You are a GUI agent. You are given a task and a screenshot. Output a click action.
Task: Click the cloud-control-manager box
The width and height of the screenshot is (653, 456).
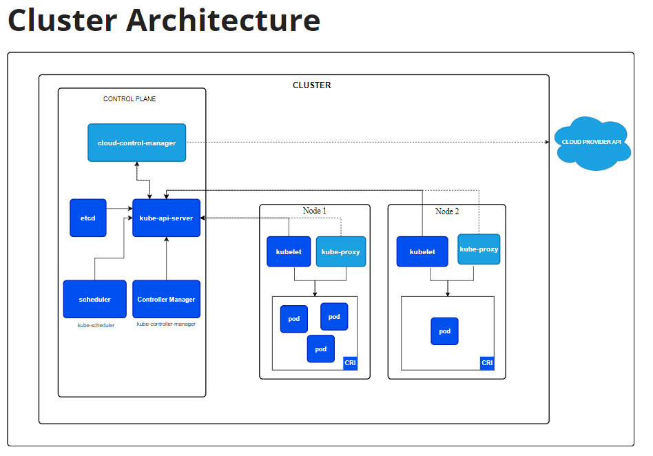136,143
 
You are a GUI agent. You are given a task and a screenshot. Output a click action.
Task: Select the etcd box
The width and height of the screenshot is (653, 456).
88,218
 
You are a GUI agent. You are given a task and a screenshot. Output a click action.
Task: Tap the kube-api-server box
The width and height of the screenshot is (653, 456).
166,218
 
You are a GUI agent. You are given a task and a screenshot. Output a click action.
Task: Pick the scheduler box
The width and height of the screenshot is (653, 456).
94,299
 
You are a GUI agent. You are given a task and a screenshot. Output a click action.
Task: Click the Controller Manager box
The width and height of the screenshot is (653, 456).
166,299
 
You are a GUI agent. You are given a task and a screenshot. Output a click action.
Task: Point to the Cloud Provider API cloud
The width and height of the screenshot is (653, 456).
592,143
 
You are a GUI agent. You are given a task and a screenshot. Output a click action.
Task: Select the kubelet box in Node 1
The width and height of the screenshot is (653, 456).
289,251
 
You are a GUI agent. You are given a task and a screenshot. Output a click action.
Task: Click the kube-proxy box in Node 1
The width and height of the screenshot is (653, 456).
341,251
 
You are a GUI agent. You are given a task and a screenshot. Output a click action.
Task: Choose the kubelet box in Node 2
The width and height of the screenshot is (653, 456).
422,251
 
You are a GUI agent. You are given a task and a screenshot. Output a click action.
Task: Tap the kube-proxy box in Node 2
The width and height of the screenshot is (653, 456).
479,249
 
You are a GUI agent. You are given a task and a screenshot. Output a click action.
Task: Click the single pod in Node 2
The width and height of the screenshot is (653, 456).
444,331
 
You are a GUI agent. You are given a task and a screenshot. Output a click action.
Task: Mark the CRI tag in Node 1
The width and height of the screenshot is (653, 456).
350,363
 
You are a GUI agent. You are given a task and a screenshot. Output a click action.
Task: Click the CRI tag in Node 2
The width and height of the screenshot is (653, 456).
487,363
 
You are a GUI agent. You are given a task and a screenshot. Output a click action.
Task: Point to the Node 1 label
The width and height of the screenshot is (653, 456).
314,211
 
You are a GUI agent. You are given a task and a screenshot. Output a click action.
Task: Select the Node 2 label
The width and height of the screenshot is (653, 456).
447,211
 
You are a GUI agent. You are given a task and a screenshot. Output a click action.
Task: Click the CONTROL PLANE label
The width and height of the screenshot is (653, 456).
129,99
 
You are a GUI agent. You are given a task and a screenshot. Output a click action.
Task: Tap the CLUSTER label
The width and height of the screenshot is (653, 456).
312,85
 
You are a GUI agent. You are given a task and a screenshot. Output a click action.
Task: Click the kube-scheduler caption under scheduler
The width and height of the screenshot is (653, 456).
96,325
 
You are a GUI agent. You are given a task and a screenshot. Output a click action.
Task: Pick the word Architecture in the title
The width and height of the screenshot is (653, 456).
223,20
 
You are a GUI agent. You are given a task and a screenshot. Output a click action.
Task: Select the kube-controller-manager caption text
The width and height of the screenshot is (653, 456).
166,324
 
